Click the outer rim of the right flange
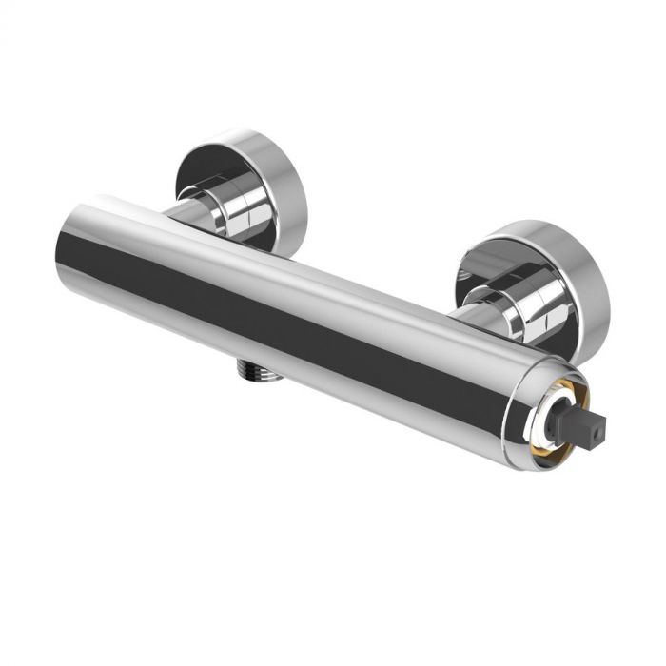pyautogui.click(x=590, y=285)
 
